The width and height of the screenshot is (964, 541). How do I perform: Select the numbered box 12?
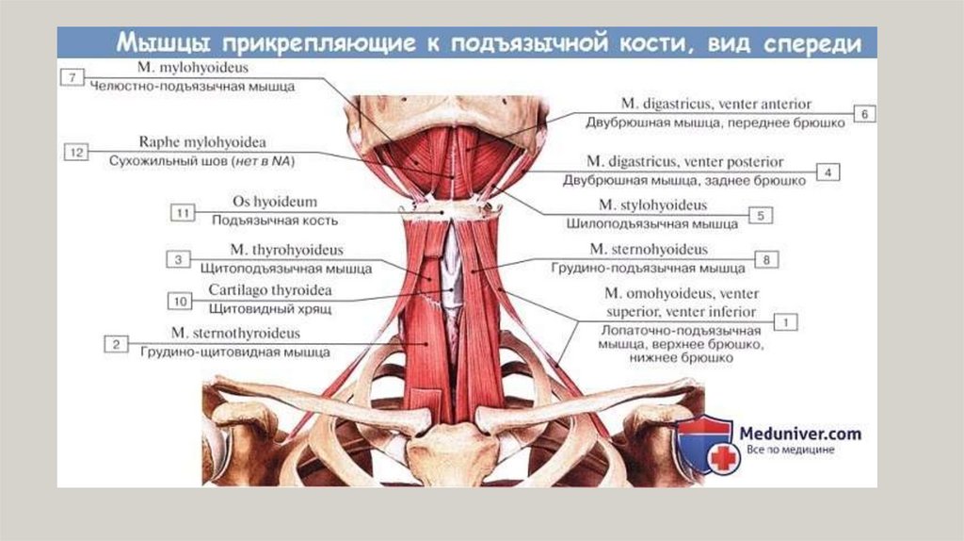76,151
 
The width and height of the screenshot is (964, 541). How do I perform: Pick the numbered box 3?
176,258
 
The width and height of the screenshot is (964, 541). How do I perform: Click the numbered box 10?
179,301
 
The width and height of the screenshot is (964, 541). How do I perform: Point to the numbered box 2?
116,344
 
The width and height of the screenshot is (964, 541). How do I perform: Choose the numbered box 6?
865,113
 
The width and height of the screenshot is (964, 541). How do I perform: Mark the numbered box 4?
827,172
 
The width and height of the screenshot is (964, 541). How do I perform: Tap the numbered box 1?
785,321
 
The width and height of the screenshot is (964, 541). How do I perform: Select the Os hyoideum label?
274,202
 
